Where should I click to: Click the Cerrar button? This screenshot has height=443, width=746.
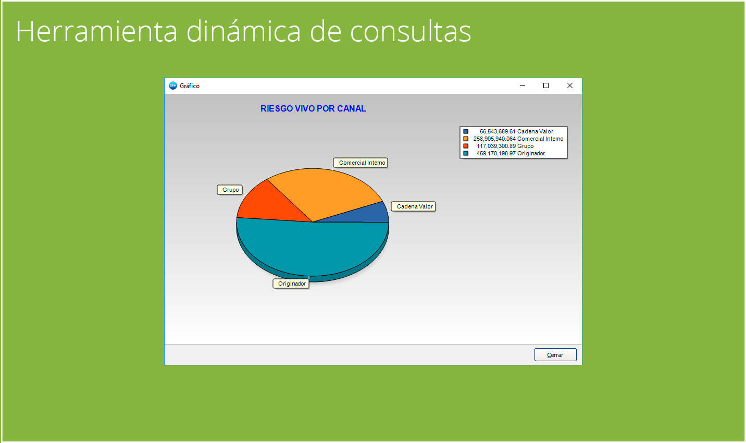pyautogui.click(x=555, y=355)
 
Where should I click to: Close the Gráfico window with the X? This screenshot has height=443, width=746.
pyautogui.click(x=569, y=85)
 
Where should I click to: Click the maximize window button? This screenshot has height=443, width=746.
pyautogui.click(x=546, y=85)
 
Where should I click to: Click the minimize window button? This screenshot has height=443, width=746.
pyautogui.click(x=523, y=85)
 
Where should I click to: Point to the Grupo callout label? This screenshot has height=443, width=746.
pyautogui.click(x=230, y=190)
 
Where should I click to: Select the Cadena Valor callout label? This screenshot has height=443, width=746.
pyautogui.click(x=414, y=206)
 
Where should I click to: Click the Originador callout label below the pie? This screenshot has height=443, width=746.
pyautogui.click(x=291, y=284)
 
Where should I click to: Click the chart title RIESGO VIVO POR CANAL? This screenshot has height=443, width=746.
pyautogui.click(x=313, y=108)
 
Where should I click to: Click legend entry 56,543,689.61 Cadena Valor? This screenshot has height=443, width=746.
pyautogui.click(x=516, y=131)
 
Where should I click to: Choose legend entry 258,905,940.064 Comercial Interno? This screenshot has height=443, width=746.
pyautogui.click(x=518, y=139)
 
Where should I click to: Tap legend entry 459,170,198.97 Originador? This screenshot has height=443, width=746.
pyautogui.click(x=510, y=153)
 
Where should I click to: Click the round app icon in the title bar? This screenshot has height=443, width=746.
pyautogui.click(x=173, y=85)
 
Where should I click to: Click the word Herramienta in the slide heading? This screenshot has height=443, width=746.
pyautogui.click(x=97, y=31)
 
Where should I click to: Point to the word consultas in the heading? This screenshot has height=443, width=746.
pyautogui.click(x=410, y=31)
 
